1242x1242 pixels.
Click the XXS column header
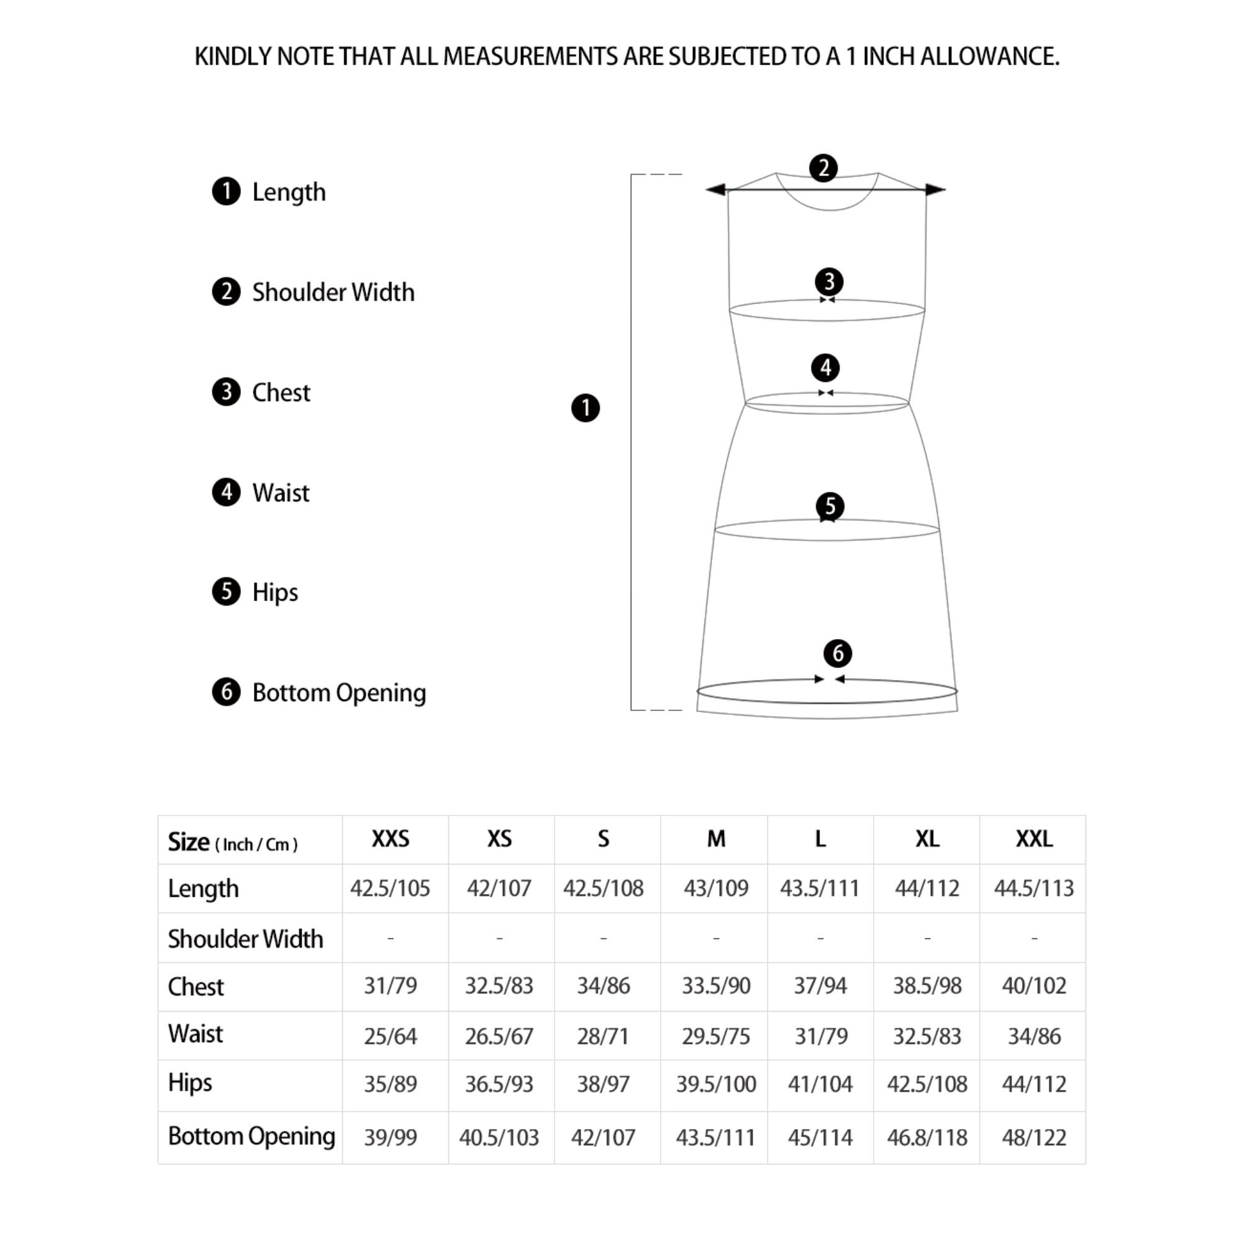click(x=390, y=839)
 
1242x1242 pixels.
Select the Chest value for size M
click(x=715, y=986)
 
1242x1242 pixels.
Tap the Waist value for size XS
click(x=499, y=1036)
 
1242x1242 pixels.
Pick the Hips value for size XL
click(x=927, y=1084)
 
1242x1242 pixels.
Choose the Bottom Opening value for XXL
click(x=1033, y=1137)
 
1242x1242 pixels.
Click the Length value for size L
click(x=820, y=888)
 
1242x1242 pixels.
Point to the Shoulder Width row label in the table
click(x=245, y=938)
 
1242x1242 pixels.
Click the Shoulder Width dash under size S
click(x=603, y=938)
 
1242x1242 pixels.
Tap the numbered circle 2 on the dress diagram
click(x=823, y=168)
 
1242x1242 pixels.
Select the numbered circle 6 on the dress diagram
click(x=838, y=654)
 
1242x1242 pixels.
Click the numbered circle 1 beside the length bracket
click(x=585, y=408)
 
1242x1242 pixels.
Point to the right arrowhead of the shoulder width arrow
click(x=935, y=189)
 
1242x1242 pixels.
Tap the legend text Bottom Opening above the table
click(x=339, y=692)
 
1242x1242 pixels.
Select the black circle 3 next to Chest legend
click(x=226, y=392)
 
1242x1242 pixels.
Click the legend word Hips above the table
click(x=274, y=592)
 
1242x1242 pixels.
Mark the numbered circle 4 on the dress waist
click(x=825, y=368)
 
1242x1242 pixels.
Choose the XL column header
click(x=927, y=839)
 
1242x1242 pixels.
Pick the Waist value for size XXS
click(x=390, y=1036)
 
